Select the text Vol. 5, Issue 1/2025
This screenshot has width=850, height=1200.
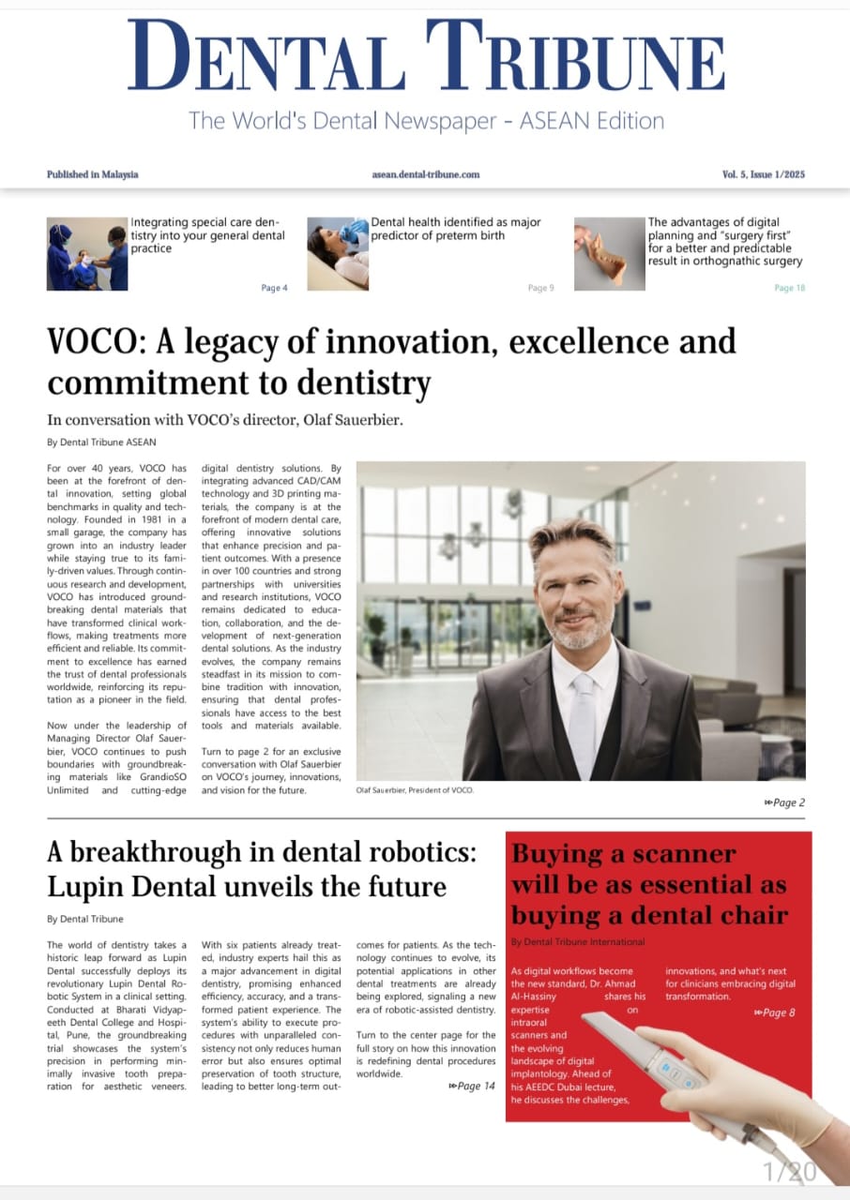[x=763, y=174]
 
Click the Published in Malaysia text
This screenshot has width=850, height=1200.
[x=92, y=174]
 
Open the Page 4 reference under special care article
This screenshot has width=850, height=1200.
[x=274, y=288]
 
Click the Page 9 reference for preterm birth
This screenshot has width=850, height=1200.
[x=540, y=288]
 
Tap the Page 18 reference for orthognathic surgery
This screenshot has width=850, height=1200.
[x=789, y=288]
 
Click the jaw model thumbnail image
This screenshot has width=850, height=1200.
[x=608, y=253]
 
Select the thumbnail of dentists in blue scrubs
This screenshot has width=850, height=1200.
[x=86, y=254]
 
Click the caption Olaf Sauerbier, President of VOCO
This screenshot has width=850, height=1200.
[x=416, y=790]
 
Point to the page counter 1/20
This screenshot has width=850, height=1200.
[x=790, y=1171]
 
